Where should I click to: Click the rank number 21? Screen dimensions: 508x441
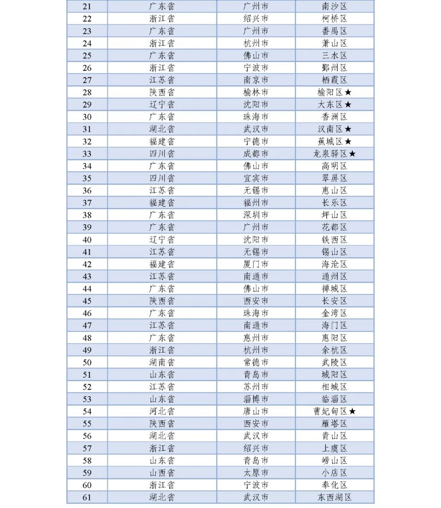click(87, 7)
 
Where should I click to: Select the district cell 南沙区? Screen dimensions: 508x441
click(334, 7)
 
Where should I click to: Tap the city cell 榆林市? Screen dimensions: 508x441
click(256, 93)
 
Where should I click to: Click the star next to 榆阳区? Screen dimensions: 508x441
click(348, 93)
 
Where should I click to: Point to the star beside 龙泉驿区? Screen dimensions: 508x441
click(352, 154)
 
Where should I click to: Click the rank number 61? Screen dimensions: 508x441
click(87, 497)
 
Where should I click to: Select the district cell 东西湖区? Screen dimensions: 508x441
click(334, 497)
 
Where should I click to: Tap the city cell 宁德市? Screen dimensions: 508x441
click(256, 141)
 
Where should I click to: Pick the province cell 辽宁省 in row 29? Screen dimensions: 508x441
click(162, 105)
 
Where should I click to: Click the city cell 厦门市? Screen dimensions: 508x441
click(256, 264)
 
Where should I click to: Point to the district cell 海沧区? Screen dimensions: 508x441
click(334, 264)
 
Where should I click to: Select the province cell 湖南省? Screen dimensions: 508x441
click(162, 362)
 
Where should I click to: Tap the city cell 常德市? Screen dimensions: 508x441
click(256, 362)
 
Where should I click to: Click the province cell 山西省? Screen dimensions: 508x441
click(162, 473)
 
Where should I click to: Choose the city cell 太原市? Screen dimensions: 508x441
click(256, 473)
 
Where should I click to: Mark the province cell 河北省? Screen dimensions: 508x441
click(162, 411)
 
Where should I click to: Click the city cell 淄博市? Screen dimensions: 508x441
click(256, 399)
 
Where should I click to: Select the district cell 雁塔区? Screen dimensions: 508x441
click(334, 424)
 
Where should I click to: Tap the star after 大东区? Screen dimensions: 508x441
click(348, 105)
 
